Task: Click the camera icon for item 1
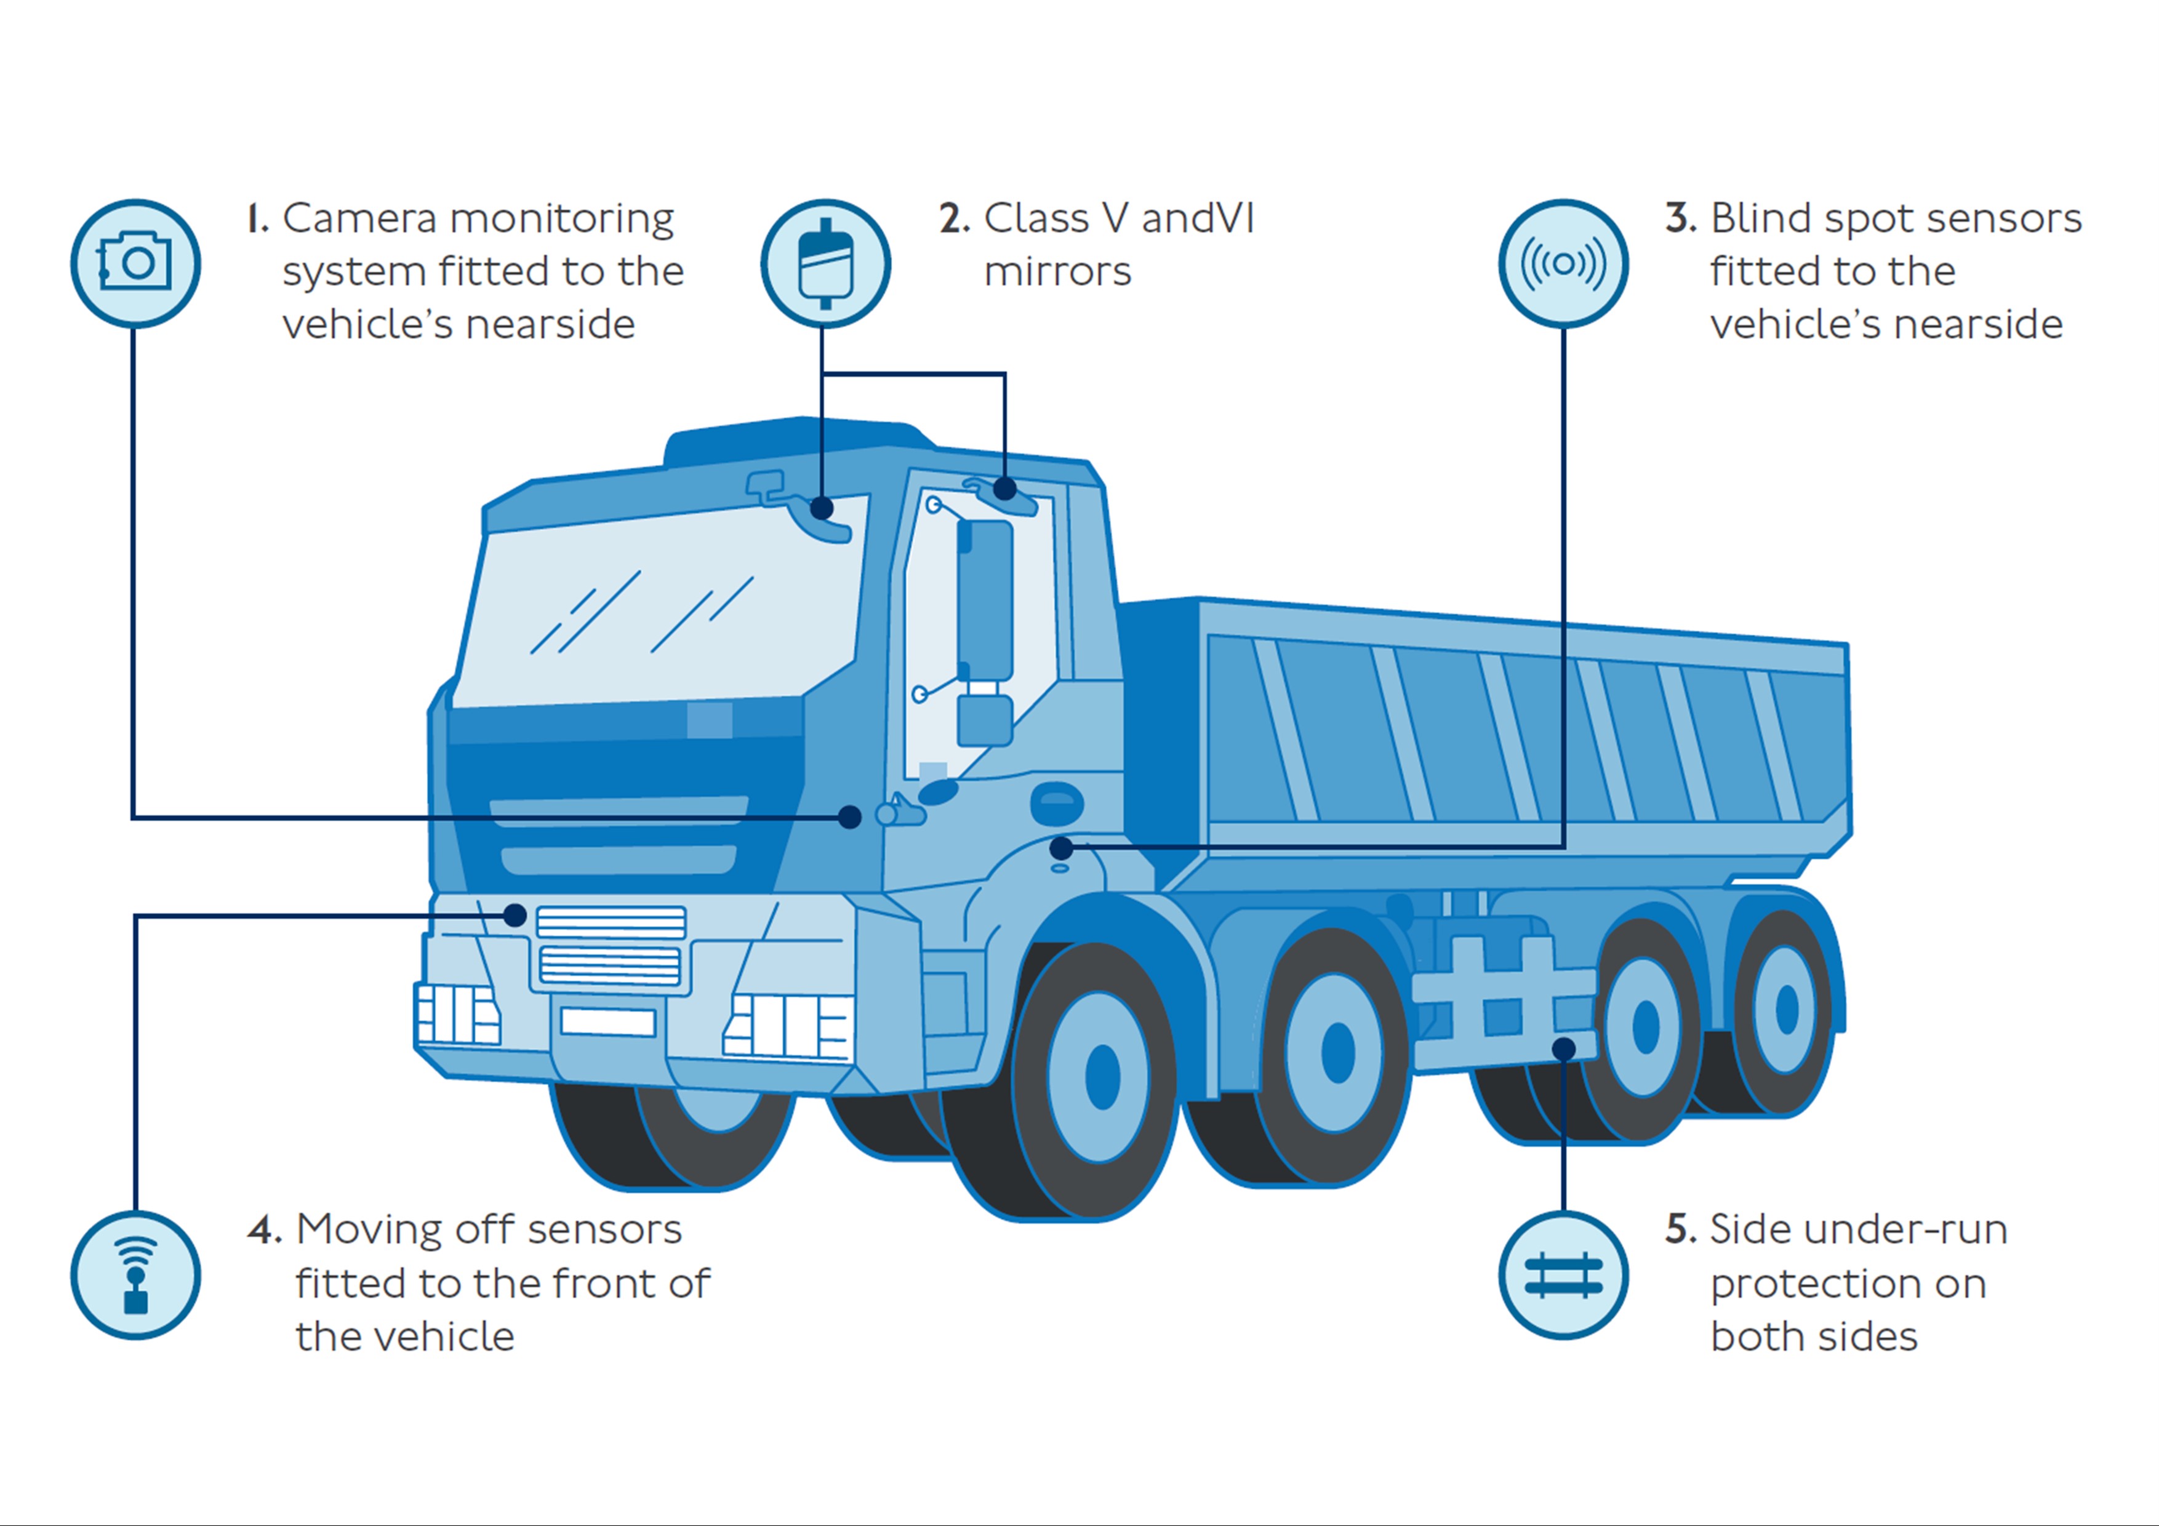tap(135, 263)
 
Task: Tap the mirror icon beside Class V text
tap(825, 263)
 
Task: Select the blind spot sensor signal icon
tap(1563, 263)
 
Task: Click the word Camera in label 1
tap(359, 219)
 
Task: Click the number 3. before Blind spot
tap(1680, 219)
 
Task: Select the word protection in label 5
tap(1848, 1284)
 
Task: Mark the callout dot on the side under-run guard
tap(1563, 1049)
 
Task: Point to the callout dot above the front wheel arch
tap(1060, 848)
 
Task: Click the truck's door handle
tap(1057, 801)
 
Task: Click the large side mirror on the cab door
tap(985, 602)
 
